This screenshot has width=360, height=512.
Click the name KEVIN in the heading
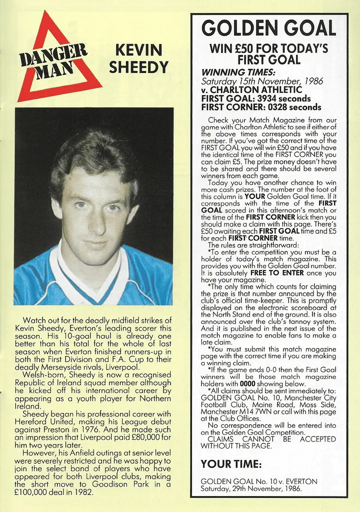tap(138, 50)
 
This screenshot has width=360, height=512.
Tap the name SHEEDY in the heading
tap(138, 67)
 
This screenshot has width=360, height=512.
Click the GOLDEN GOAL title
tap(268, 28)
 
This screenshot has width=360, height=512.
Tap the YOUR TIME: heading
tap(231, 464)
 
